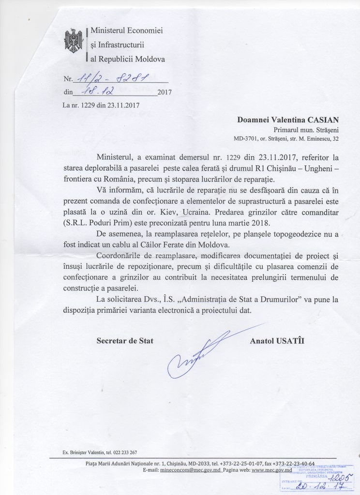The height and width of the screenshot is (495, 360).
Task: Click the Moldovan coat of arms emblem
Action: pyautogui.click(x=74, y=42)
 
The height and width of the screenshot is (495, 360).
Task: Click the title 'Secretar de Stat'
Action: pyautogui.click(x=125, y=341)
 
